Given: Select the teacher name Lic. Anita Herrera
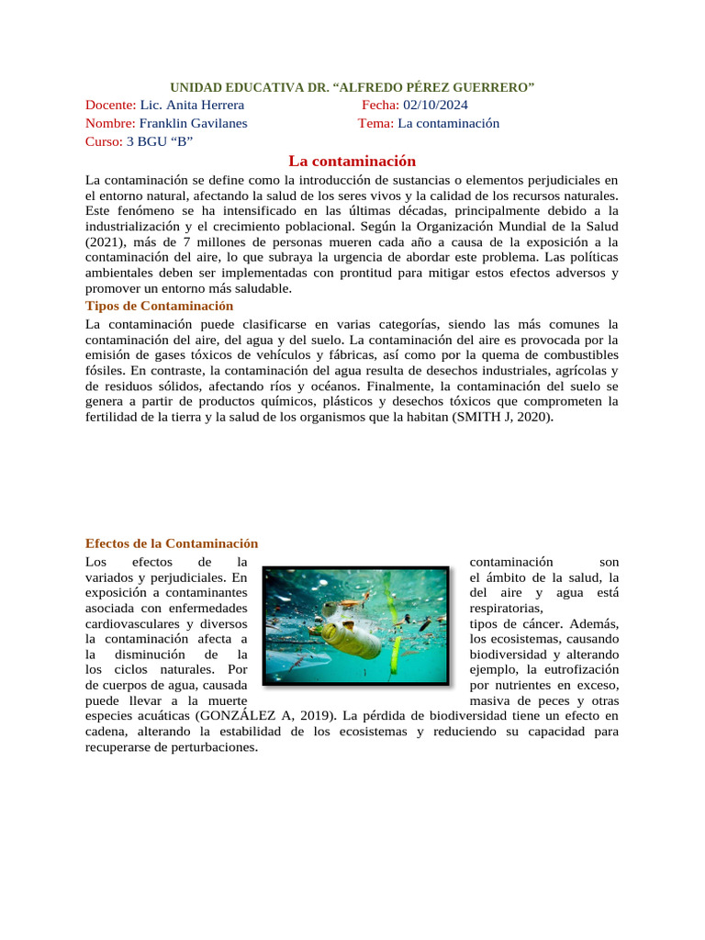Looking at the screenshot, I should [192, 105].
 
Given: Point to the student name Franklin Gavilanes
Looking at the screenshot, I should [193, 123].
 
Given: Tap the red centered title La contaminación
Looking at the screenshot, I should [352, 161].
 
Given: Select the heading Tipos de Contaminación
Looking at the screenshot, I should [159, 306].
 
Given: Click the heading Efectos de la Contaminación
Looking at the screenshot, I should [172, 543].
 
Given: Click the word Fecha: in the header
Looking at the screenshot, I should [380, 105].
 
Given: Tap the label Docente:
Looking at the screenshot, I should [110, 105].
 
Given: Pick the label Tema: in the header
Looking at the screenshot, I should [375, 123].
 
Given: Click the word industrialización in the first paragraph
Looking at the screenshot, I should [137, 225].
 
